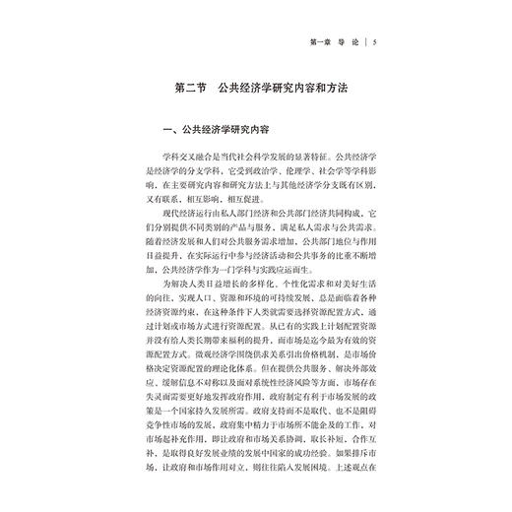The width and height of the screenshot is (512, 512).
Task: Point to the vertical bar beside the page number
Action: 376,41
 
